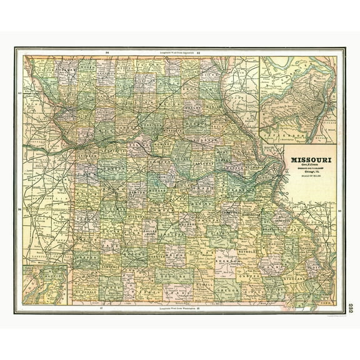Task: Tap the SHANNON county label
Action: point(220,262)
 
